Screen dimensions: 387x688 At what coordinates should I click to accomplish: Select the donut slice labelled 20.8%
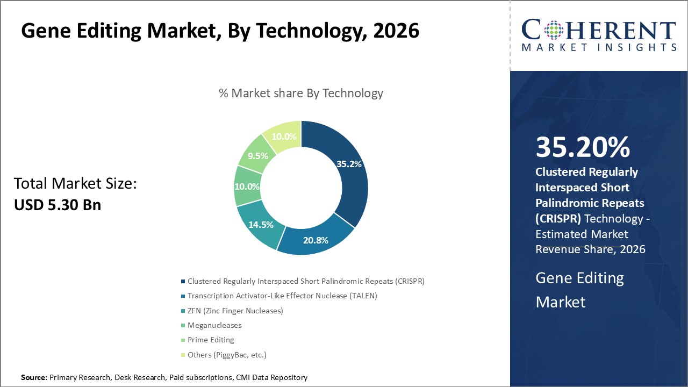(314, 240)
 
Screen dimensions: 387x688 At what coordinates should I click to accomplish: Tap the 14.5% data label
(261, 224)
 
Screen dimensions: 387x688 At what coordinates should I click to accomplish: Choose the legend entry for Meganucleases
(214, 325)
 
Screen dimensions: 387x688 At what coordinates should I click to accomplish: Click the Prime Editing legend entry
(211, 340)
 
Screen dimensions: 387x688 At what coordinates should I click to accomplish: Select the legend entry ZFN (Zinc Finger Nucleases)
(235, 311)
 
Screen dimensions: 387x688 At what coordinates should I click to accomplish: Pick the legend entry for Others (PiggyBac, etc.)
(227, 355)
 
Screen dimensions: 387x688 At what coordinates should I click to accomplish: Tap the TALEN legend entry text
(282, 296)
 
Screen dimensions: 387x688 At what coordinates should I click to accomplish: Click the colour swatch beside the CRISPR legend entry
(183, 281)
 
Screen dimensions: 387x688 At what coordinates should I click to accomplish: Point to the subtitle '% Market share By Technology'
(301, 93)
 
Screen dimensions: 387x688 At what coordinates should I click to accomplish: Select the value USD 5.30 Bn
(57, 204)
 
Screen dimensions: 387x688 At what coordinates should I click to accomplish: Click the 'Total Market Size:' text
(75, 184)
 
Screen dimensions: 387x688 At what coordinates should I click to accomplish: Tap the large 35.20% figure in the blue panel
(583, 147)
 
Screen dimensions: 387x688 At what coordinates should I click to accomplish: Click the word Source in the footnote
(34, 377)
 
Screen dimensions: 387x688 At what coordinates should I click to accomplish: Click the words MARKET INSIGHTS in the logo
(599, 47)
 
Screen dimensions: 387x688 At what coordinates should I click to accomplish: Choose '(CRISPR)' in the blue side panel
(558, 219)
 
